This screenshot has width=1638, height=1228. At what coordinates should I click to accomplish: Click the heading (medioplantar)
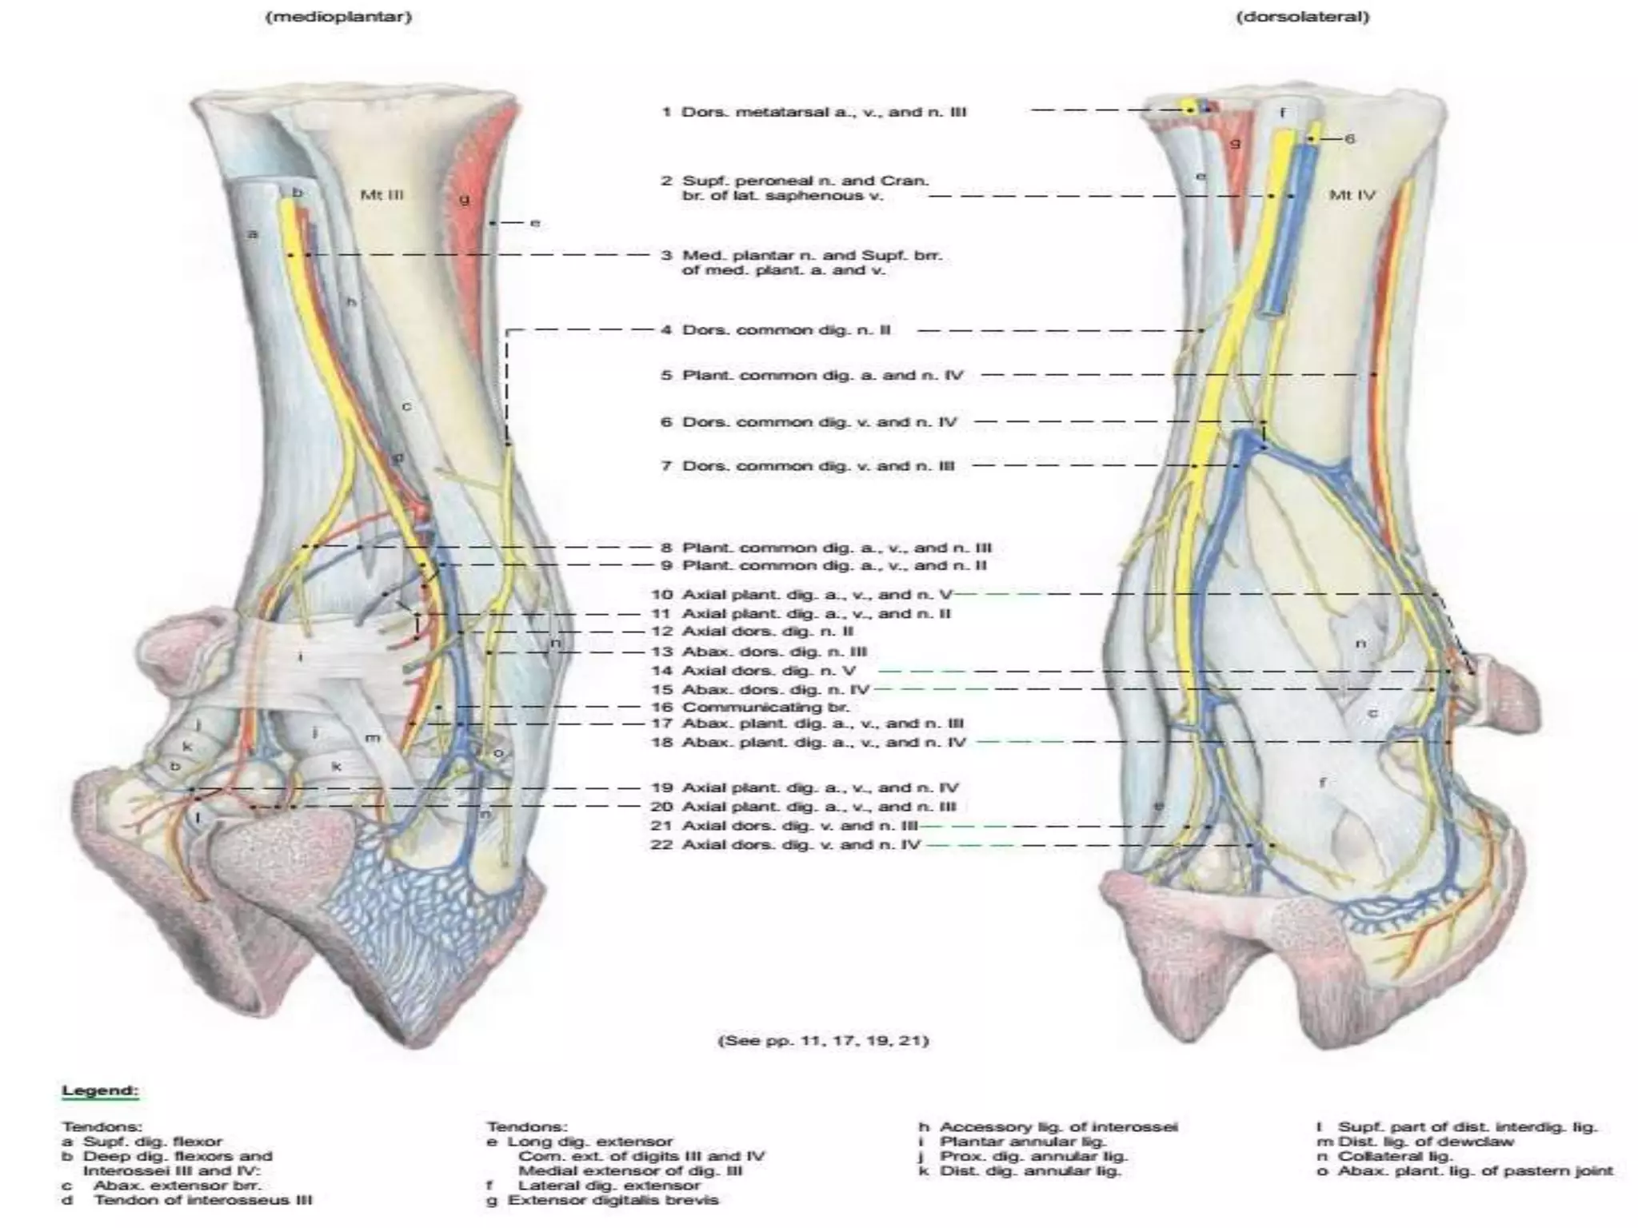(339, 16)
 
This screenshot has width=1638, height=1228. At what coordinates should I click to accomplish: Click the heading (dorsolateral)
(1303, 16)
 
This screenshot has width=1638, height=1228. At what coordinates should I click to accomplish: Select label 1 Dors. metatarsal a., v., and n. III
(814, 112)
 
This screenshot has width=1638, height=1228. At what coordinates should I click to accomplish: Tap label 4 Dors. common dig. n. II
(776, 330)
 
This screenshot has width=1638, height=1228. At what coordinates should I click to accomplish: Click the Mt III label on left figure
(382, 194)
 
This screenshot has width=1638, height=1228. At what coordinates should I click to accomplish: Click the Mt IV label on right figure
(1352, 194)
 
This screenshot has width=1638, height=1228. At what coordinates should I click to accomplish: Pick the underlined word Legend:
(101, 1090)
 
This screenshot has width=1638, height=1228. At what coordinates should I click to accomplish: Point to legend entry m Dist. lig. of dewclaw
(1415, 1142)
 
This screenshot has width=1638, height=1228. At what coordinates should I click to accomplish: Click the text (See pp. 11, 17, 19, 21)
(824, 1040)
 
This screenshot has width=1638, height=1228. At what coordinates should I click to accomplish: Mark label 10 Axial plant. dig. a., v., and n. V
(802, 594)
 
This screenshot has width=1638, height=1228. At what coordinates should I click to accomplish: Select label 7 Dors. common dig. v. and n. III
(808, 465)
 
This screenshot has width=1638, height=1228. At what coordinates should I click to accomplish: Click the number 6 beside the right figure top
(1350, 139)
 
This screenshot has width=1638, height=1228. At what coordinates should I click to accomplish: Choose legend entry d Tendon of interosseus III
(188, 1200)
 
